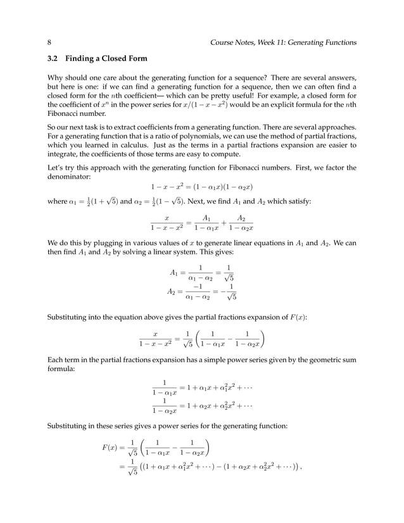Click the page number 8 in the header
pos(49,42)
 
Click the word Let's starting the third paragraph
pos(57,167)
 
